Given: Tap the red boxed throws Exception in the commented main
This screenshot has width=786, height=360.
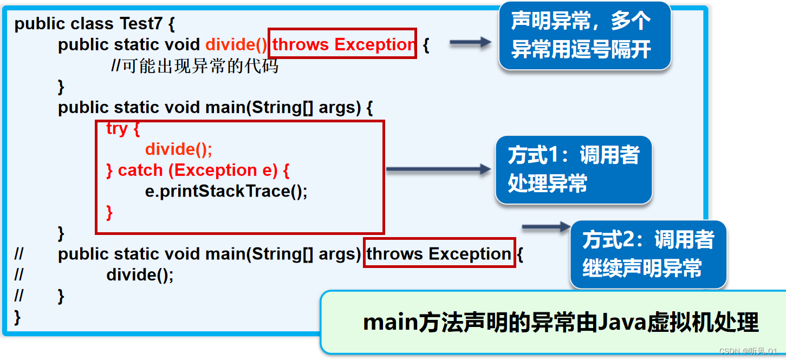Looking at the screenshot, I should click(439, 253).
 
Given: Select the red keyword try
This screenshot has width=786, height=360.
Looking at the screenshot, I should click(117, 129).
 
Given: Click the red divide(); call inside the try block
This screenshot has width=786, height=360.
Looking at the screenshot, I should click(179, 149).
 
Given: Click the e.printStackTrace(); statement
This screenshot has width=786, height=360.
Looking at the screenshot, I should click(226, 191).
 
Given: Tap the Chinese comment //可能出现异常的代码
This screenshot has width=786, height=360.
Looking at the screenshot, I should click(194, 66).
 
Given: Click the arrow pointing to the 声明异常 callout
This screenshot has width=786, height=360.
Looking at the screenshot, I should click(470, 43).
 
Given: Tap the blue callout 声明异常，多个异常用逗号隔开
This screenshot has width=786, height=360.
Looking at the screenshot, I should click(584, 36).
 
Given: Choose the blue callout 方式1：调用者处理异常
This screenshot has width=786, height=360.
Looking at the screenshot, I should click(573, 169).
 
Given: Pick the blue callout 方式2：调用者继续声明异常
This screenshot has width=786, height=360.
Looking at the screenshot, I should click(647, 254).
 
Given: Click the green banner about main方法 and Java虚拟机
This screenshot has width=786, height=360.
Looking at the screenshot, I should click(553, 323).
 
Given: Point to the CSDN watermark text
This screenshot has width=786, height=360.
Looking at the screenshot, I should click(748, 351).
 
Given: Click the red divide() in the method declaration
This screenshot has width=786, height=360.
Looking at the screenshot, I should click(236, 44).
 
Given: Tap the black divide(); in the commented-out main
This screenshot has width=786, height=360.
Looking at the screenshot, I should click(140, 275).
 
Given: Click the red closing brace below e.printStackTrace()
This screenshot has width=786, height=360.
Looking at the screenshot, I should click(109, 212).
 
